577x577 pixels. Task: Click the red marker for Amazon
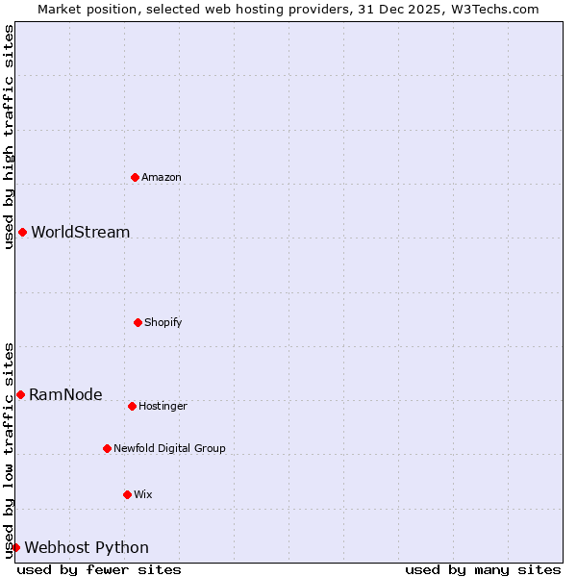coord(135,177)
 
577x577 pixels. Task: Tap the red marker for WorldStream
coord(22,232)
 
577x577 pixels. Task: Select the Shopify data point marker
coord(138,322)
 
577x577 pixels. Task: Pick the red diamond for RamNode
coord(20,394)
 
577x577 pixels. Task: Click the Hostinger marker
coord(132,406)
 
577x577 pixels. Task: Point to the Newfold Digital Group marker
coord(107,448)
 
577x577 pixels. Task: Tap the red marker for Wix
coord(127,494)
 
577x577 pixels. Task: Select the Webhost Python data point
coord(15,547)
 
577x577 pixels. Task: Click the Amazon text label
coord(162,177)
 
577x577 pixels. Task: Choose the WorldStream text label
coord(80,232)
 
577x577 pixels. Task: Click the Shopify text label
coord(163,322)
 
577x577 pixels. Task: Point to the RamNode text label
coord(65,394)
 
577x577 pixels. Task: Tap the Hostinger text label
coord(163,406)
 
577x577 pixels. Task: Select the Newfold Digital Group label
coord(169,448)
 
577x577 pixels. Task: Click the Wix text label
coord(143,494)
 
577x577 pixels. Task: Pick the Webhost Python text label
coord(87,547)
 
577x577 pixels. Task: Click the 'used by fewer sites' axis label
coord(99,569)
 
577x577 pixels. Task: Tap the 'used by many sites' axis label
coord(483,569)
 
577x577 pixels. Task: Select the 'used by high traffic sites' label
coord(9,137)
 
